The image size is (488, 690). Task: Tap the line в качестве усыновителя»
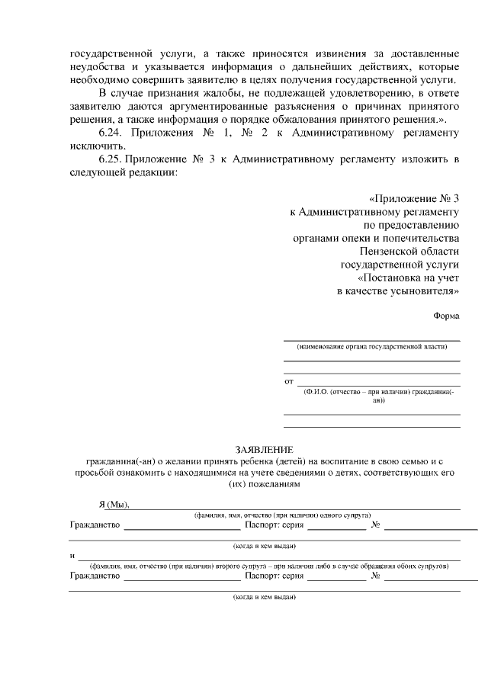coord(398,291)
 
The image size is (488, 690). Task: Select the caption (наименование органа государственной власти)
coord(372,346)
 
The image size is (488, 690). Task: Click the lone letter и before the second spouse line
coord(72,555)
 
